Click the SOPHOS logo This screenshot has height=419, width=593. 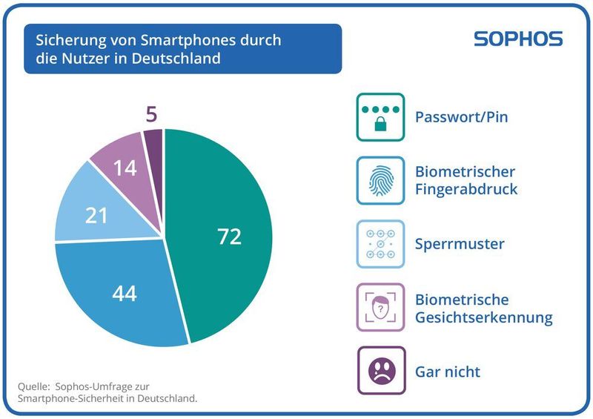(517, 39)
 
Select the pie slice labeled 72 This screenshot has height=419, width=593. (222, 237)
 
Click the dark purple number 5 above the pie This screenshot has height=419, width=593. (151, 115)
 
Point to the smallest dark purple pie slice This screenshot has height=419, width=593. (154, 141)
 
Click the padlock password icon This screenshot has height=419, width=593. (380, 117)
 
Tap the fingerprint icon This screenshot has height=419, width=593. (380, 180)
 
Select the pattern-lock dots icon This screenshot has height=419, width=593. (380, 244)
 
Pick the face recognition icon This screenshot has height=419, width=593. (380, 307)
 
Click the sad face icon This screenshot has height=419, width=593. (380, 370)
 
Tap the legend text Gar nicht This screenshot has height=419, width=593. (448, 370)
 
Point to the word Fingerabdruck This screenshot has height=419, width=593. (466, 189)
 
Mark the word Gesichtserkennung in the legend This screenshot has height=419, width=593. (483, 317)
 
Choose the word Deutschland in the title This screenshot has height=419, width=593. (179, 58)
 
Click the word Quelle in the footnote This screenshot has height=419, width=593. (33, 386)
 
